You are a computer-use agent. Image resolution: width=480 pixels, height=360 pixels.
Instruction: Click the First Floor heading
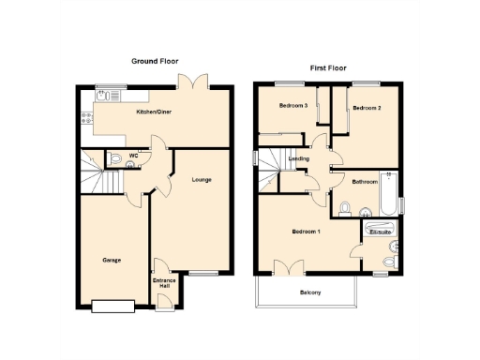329,68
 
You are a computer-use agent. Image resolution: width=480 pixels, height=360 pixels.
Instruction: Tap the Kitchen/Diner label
153,112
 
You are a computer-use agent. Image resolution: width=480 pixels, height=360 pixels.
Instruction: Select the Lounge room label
201,180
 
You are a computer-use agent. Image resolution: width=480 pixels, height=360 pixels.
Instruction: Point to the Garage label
112,260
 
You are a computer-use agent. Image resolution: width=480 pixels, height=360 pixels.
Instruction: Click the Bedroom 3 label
293,106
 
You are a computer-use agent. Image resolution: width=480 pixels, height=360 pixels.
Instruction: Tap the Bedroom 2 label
367,109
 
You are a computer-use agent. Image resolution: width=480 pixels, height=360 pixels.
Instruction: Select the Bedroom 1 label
306,232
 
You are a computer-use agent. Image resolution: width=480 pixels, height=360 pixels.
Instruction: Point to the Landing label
299,158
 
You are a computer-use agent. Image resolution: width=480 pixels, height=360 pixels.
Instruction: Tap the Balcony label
310,293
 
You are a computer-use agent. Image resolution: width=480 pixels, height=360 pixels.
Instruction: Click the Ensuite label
380,231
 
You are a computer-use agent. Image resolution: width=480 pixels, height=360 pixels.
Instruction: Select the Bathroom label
365,181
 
